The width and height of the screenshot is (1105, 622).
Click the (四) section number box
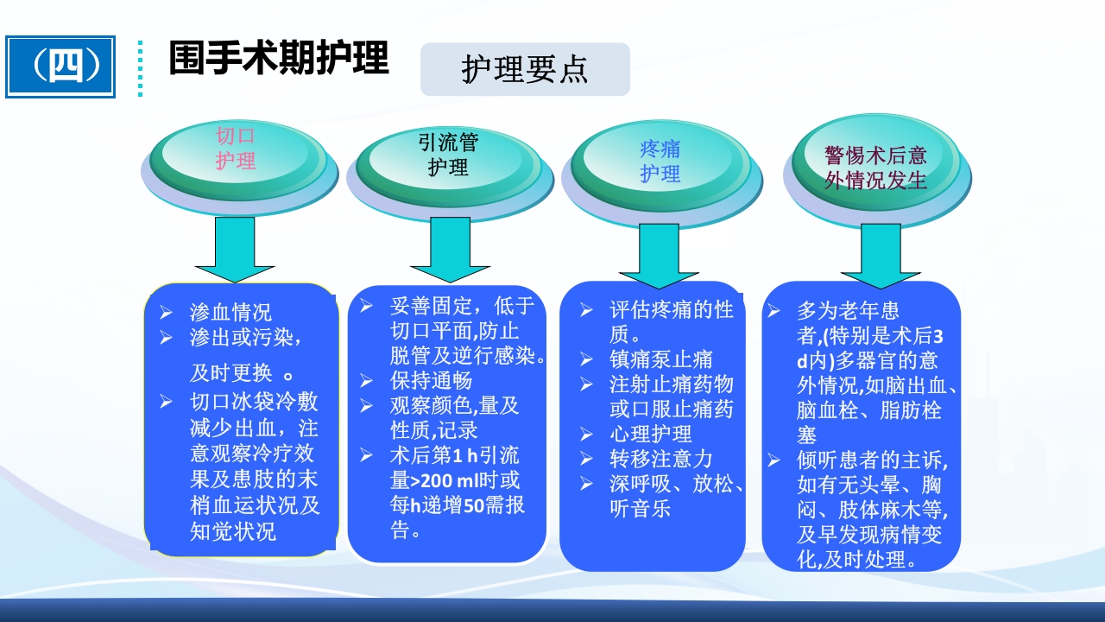[60, 67]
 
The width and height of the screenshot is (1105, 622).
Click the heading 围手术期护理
[278, 58]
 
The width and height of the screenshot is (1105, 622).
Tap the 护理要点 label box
[525, 69]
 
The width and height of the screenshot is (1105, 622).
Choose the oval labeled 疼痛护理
[660, 161]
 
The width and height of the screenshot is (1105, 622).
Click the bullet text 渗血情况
[230, 312]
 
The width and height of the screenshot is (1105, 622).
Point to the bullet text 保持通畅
[431, 380]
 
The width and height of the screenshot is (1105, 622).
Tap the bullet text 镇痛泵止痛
[661, 359]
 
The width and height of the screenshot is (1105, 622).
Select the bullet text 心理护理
[650, 434]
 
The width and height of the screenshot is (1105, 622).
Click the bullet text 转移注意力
[661, 459]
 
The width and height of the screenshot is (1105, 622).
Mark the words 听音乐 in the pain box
[640, 509]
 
